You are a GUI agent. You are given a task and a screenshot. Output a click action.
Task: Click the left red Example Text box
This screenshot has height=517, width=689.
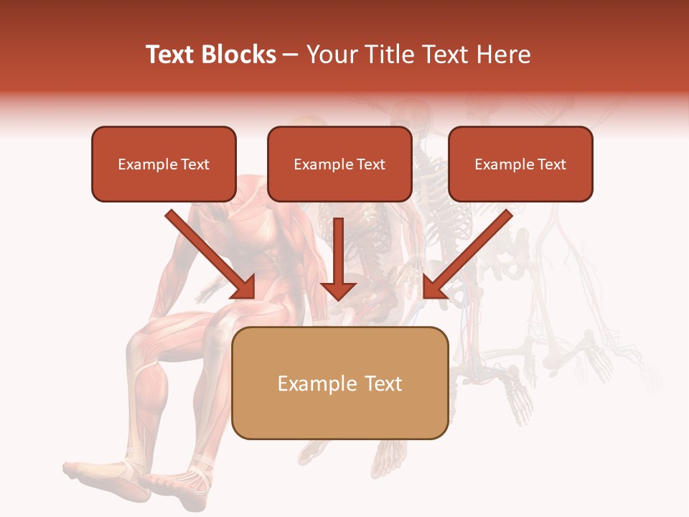pos(164,164)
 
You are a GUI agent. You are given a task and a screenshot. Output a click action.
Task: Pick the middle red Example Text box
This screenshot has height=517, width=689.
pos(339,164)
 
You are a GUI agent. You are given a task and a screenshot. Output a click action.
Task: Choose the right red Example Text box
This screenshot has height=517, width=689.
pos(520,164)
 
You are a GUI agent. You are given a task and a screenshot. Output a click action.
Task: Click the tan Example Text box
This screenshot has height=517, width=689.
pos(340,383)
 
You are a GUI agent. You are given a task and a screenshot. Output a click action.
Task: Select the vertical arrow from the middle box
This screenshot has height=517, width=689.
pos(338,258)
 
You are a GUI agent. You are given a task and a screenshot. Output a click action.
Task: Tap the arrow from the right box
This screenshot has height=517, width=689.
pos(467,255)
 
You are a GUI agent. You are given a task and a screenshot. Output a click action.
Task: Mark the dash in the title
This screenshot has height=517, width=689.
pos(291,55)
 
